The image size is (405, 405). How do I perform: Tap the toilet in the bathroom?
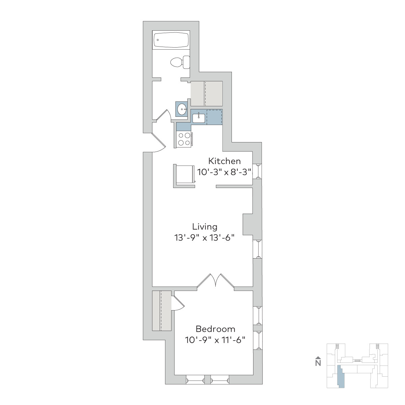coord(180,62)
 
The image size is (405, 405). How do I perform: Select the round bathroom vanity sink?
coord(182,109)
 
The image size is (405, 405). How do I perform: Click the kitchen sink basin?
coord(198,118)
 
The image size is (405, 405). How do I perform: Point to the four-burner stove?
coord(184,139)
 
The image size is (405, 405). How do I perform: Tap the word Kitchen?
coord(224,161)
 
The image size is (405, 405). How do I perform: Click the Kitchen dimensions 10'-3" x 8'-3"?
coord(224,172)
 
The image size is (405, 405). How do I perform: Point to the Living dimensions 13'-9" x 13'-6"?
coord(204,238)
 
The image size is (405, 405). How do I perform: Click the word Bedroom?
coord(215,329)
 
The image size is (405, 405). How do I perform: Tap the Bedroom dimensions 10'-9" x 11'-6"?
coord(215,340)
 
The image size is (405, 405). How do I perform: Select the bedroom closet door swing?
coord(178,303)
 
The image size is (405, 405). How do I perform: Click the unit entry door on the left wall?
coord(159,142)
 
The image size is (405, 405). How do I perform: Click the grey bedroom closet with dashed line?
coord(162,311)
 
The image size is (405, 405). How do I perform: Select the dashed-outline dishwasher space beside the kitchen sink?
coord(214,117)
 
